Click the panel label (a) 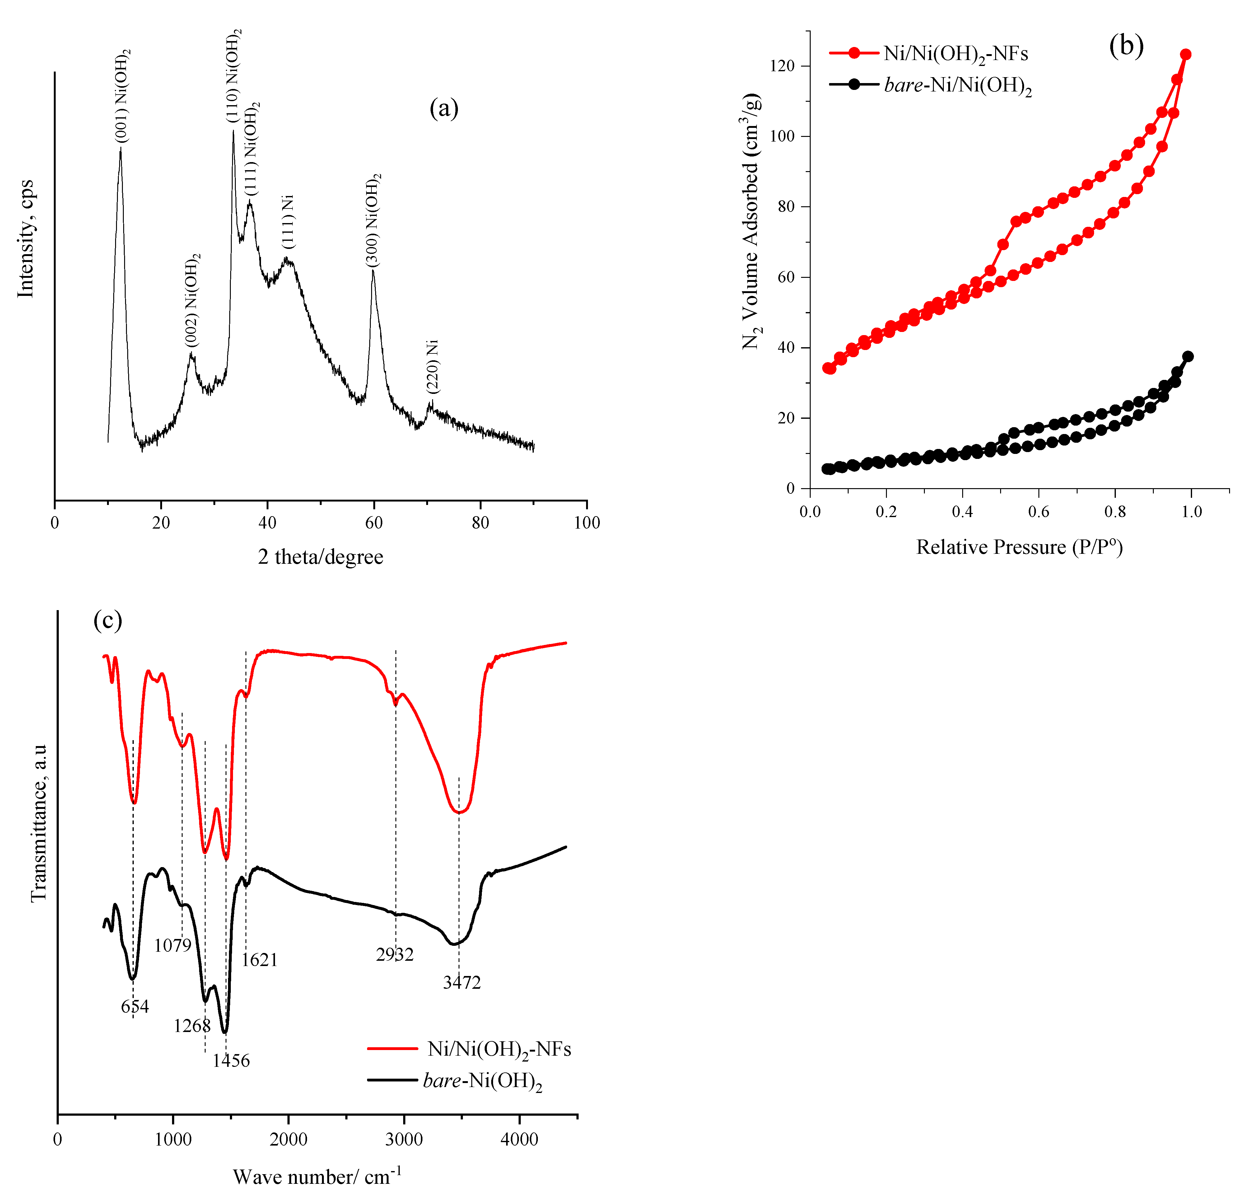tap(444, 108)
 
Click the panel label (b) tap(1126, 46)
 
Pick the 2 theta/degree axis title tap(320, 557)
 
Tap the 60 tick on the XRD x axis tap(374, 523)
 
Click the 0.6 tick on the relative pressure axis tap(1039, 512)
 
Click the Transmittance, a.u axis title tap(40, 822)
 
